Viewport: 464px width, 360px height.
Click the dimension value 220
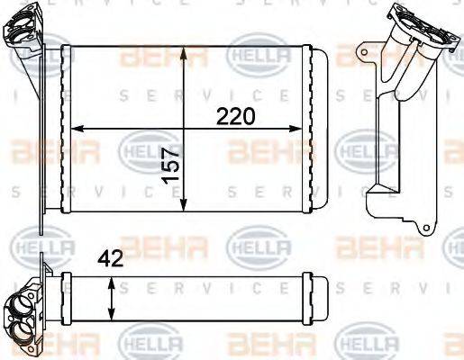[x=235, y=116]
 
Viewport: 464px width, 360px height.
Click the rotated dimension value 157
[x=171, y=166]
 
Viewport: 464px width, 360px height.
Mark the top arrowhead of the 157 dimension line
[x=185, y=48]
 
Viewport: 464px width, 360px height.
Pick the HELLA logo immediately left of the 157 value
[x=140, y=147]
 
